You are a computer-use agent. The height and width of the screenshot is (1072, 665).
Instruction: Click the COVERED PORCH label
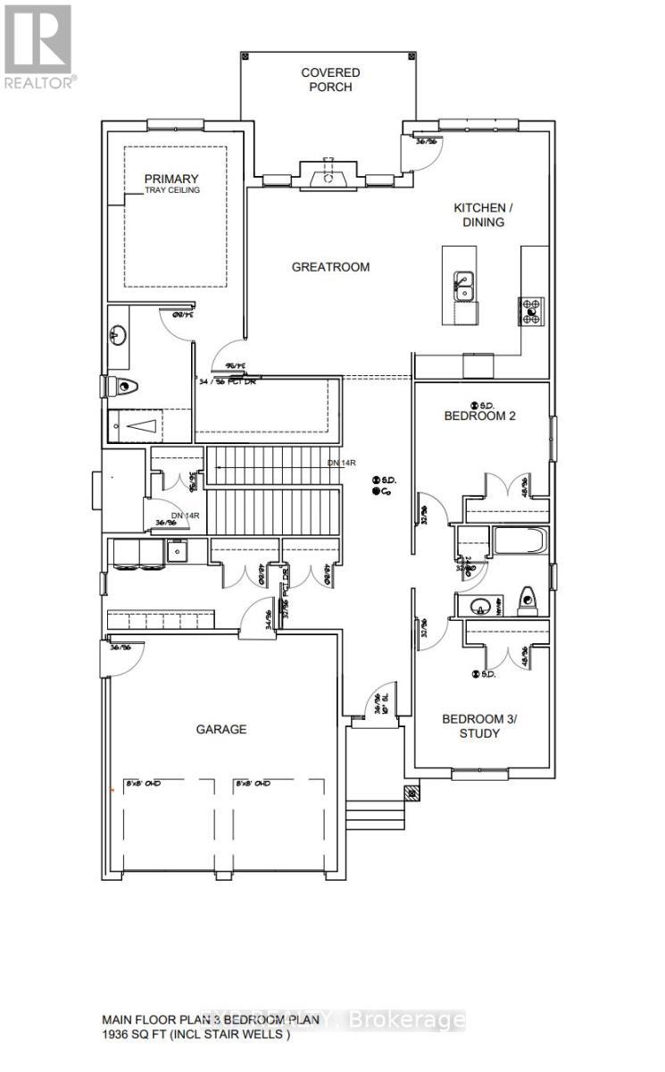pyautogui.click(x=330, y=80)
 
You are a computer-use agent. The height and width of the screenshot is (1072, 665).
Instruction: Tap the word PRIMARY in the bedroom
pyautogui.click(x=172, y=179)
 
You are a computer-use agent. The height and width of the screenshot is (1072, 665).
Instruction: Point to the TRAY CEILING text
pyautogui.click(x=173, y=190)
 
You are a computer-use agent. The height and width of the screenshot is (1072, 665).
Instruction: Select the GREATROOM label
pyautogui.click(x=330, y=266)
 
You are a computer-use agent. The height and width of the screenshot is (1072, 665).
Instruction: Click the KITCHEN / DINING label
pyautogui.click(x=479, y=214)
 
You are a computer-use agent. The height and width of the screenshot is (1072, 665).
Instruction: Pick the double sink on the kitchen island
pyautogui.click(x=464, y=288)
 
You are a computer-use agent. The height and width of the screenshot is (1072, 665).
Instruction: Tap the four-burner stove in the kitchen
pyautogui.click(x=530, y=310)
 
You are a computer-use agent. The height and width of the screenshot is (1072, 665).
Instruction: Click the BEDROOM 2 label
pyautogui.click(x=480, y=415)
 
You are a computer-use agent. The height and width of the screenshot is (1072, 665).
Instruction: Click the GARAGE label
pyautogui.click(x=221, y=729)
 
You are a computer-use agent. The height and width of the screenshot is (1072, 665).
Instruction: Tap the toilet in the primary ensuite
pyautogui.click(x=125, y=387)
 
